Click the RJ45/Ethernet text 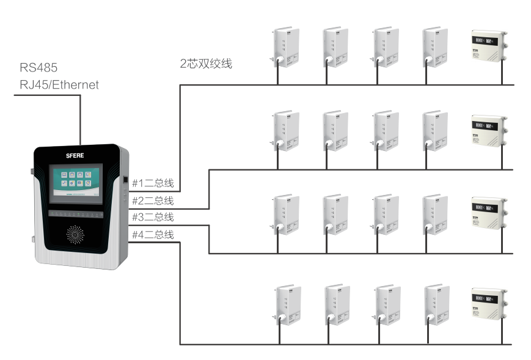coord(59,85)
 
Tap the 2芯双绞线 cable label coord(206,64)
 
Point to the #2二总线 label coord(153,200)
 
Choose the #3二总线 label coord(153,217)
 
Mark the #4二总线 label coord(153,235)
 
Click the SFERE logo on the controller coord(76,156)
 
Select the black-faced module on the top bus coord(488,46)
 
